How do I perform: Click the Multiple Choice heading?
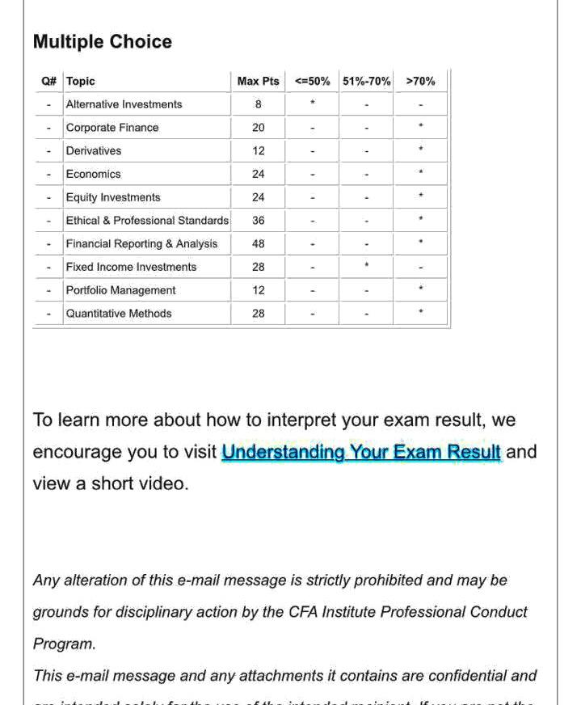(x=103, y=42)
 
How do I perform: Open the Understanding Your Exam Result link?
(x=361, y=452)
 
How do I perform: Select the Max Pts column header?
(x=258, y=81)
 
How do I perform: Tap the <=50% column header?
(x=312, y=81)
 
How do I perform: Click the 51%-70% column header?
(x=366, y=81)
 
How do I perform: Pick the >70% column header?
(x=420, y=81)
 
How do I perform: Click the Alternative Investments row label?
(x=124, y=104)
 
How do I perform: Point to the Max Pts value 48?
(x=258, y=243)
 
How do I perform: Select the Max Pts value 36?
(x=258, y=220)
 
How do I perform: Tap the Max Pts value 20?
(x=258, y=128)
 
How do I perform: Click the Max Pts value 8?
(x=258, y=104)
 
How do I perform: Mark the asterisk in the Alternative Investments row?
(x=312, y=103)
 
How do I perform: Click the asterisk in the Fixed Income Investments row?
(x=366, y=265)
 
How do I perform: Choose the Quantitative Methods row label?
(x=119, y=314)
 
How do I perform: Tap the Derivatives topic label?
(x=94, y=151)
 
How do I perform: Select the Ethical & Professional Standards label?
(x=147, y=220)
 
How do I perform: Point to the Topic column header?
(x=81, y=81)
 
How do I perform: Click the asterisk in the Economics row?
(x=420, y=173)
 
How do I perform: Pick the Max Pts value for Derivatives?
(x=258, y=151)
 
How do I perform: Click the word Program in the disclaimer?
(x=64, y=644)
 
